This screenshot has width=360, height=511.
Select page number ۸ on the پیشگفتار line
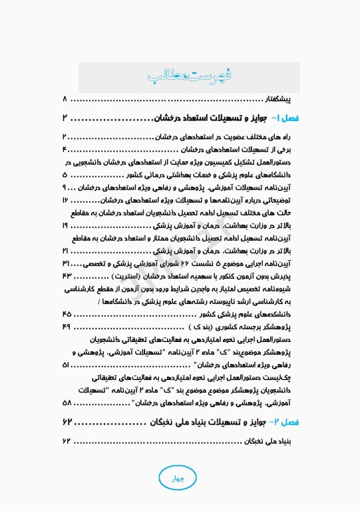point(65,99)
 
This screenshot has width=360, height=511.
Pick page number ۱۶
point(65,200)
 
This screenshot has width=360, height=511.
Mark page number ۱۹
point(65,226)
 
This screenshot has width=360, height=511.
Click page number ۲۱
point(65,252)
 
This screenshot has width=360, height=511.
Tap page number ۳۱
point(65,264)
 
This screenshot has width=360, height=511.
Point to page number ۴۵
point(66,315)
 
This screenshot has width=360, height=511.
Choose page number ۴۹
point(66,327)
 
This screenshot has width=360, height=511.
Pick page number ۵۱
point(66,365)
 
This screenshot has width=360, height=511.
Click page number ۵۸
point(67,404)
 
